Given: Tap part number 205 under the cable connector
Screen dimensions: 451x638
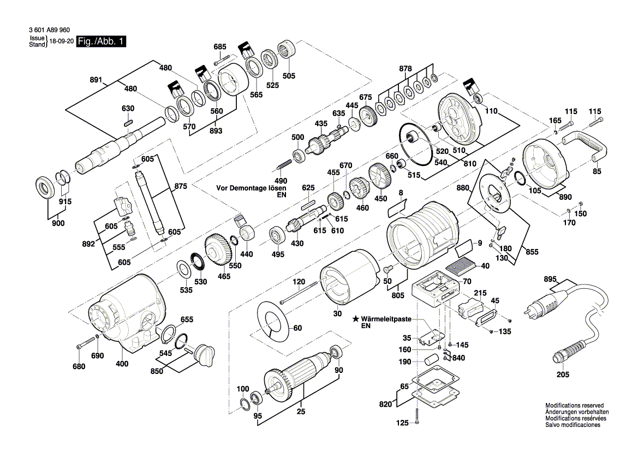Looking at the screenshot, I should (563, 375).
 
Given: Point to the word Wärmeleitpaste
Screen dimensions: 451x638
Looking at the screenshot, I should (387, 318).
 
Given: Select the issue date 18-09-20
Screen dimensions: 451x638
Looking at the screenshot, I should (61, 41).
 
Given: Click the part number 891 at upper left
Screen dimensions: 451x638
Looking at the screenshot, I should (96, 80).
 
